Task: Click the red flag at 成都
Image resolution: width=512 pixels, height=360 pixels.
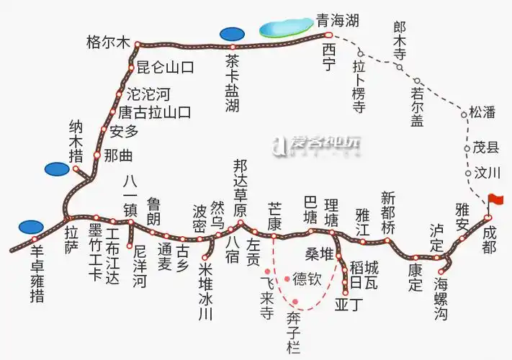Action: (x=495, y=199)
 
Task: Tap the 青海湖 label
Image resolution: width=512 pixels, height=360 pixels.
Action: (x=337, y=21)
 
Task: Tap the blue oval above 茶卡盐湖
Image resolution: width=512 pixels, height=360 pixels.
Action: (x=232, y=33)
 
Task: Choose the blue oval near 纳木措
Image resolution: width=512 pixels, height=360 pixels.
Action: (x=57, y=168)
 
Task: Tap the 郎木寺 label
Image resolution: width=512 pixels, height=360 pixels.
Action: (x=400, y=40)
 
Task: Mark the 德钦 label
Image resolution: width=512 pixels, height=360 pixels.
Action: (x=307, y=279)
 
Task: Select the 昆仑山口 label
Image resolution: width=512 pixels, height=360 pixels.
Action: (x=165, y=68)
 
